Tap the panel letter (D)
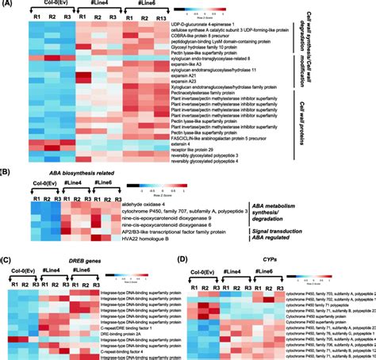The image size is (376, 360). tap(189, 259)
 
